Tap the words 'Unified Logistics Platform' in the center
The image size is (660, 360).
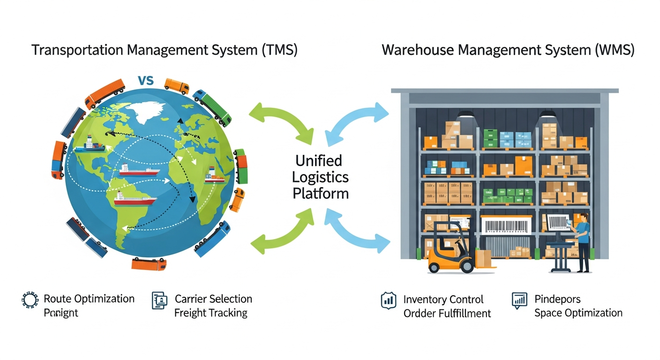[320, 177]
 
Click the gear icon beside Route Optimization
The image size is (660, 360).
[30, 300]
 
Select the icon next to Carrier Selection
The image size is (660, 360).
[160, 300]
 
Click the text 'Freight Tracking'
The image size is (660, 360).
[210, 313]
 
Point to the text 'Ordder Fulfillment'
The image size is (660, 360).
[447, 314]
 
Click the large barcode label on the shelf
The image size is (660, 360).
[506, 226]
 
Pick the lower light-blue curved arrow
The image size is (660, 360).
[359, 233]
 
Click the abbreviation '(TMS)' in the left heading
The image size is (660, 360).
[278, 50]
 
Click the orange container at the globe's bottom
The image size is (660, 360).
[149, 264]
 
